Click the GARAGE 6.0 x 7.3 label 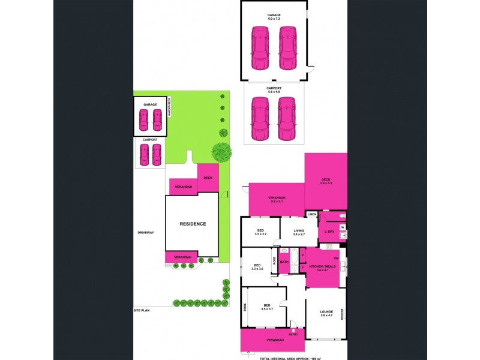274,16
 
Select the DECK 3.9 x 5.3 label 326,181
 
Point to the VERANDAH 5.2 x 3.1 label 277,199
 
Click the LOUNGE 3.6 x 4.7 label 326,313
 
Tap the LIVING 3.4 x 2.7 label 299,232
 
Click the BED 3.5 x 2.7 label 261,232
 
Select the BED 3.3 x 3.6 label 256,267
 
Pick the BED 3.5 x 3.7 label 266,307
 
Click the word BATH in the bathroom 284,262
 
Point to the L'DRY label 329,232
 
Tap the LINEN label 311,214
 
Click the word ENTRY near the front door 293,334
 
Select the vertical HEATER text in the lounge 342,314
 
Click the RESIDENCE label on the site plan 193,224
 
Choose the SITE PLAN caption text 142,310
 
